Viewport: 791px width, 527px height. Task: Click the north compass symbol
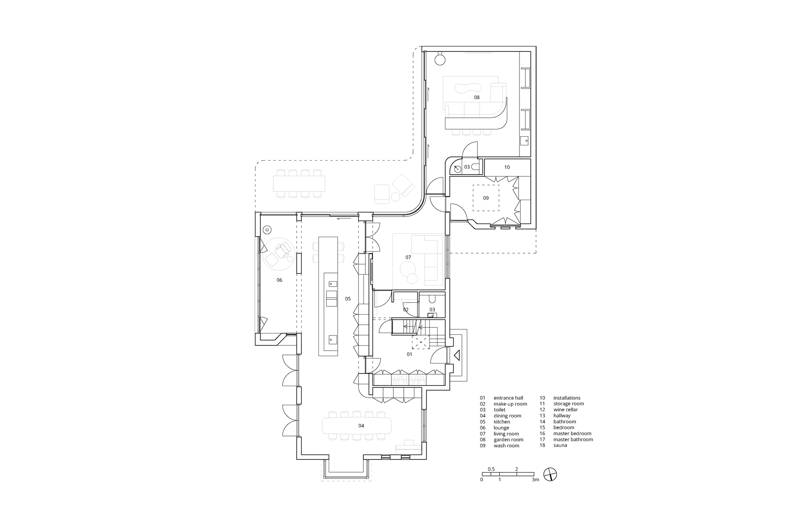550,475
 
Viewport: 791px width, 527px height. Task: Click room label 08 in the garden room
477,98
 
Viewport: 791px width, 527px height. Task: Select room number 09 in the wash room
486,198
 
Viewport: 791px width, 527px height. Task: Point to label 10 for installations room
507,167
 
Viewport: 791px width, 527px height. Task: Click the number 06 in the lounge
279,280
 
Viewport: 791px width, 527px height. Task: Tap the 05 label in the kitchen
348,298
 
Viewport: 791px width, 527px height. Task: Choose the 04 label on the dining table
361,426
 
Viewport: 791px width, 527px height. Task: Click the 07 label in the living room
408,257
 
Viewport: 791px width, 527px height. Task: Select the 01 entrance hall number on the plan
410,354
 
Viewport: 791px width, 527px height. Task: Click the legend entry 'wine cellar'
566,410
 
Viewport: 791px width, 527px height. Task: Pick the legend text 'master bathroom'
573,439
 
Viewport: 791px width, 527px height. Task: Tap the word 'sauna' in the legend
560,445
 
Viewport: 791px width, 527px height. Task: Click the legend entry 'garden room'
508,439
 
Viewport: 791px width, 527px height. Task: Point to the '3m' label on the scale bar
535,480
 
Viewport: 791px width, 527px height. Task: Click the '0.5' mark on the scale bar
491,469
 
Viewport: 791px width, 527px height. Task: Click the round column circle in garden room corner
440,59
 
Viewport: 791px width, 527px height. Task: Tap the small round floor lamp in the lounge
267,230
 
